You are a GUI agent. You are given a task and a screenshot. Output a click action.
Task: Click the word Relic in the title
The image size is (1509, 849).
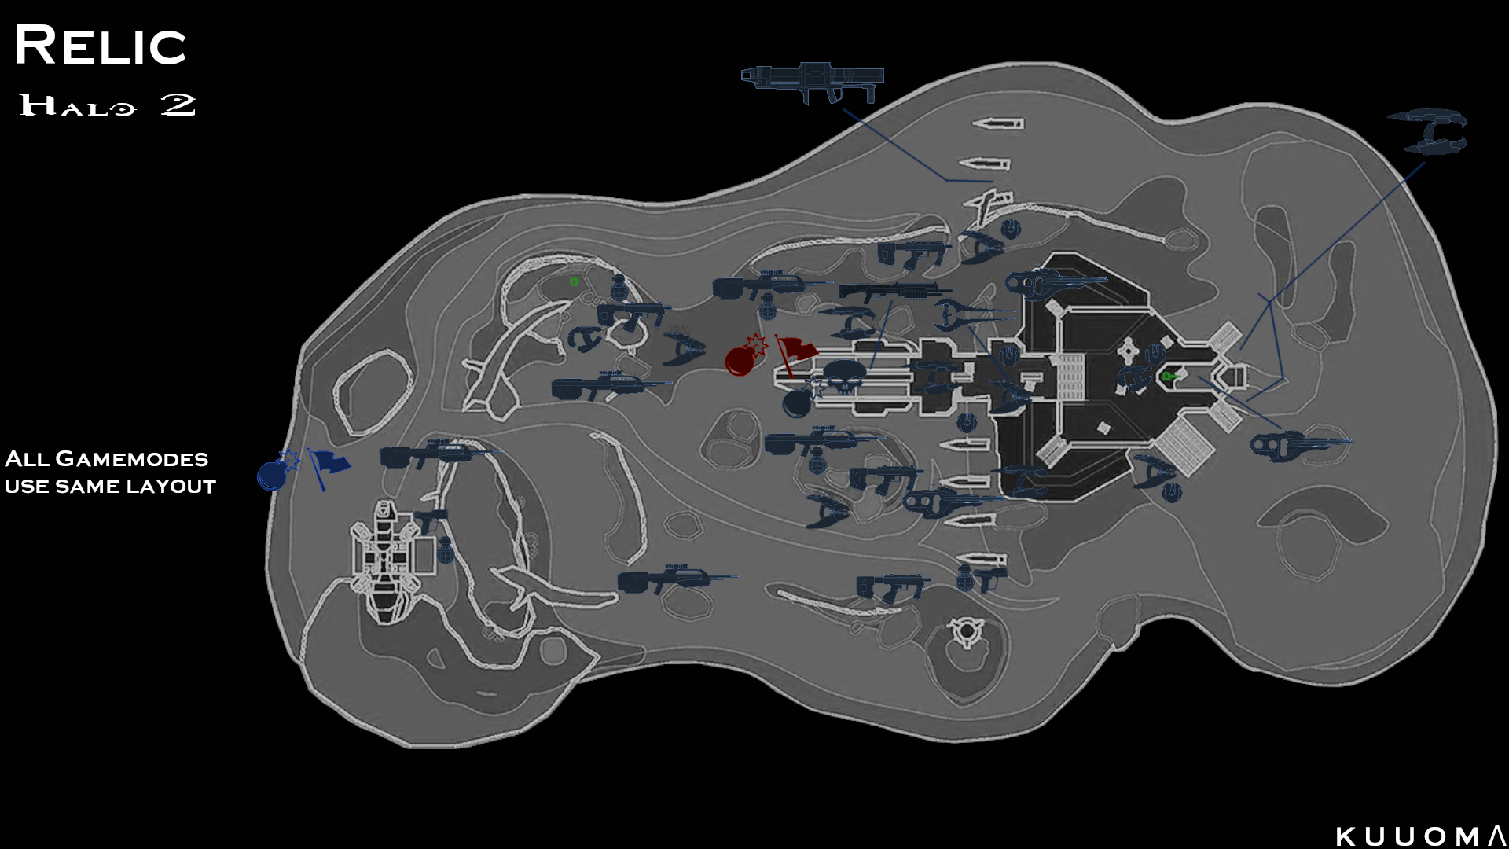100,46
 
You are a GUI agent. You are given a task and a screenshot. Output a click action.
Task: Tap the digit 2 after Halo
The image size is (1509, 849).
178,105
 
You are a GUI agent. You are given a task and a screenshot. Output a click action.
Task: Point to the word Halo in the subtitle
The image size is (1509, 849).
77,105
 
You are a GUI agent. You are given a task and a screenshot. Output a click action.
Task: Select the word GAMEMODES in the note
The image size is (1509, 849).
132,459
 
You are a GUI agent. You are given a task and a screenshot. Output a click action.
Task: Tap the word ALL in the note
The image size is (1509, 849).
28,459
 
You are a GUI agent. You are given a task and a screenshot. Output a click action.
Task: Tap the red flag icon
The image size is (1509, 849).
795,351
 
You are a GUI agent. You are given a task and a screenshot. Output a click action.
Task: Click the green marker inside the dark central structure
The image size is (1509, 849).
1168,377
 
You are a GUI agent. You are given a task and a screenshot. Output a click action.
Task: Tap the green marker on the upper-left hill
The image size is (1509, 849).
575,281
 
